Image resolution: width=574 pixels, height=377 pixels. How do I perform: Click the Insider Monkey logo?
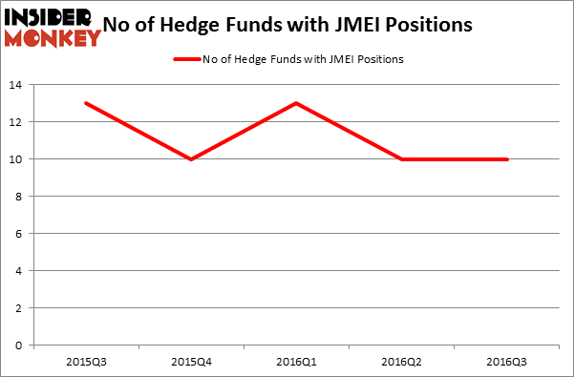tap(52, 27)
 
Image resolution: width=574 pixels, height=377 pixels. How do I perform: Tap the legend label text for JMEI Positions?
tap(303, 59)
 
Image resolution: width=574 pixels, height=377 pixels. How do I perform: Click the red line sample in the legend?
tap(186, 59)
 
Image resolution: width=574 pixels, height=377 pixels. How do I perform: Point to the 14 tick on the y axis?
tap(17, 85)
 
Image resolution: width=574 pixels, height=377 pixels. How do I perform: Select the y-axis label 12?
tap(17, 122)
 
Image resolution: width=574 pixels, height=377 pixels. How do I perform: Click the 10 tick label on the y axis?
tap(17, 159)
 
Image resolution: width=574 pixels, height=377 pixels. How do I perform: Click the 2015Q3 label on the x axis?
tap(87, 362)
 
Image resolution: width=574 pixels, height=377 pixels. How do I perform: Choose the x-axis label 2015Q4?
tap(192, 362)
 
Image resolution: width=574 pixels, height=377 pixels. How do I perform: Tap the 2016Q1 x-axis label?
tap(297, 362)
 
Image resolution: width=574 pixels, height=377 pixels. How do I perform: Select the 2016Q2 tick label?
tap(402, 362)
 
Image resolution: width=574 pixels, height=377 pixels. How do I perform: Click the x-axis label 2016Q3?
tap(507, 362)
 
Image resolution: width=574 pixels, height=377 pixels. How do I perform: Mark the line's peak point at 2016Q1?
tap(297, 103)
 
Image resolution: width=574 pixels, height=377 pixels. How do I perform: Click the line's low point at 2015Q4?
tap(192, 159)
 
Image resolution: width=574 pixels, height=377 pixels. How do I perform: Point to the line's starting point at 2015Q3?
tap(87, 103)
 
